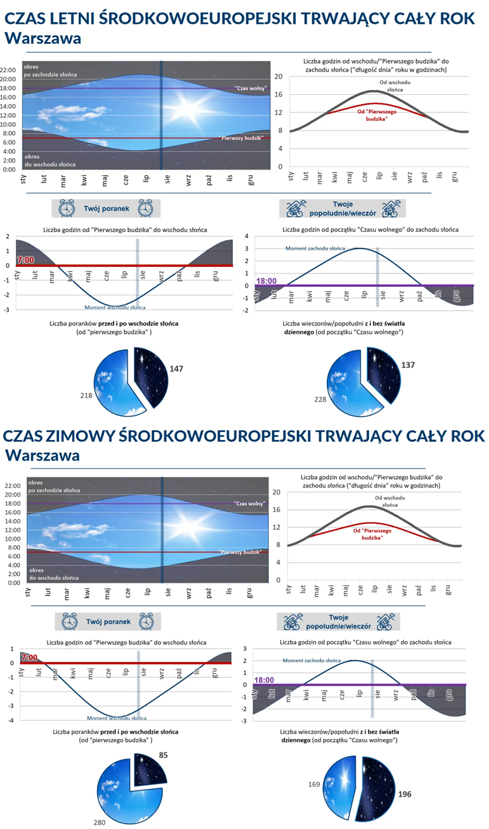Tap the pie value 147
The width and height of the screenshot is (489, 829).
pos(176,369)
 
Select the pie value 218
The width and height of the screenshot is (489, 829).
pos(86,396)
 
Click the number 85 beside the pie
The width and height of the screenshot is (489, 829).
pos(163,755)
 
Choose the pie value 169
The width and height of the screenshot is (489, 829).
pos(314,785)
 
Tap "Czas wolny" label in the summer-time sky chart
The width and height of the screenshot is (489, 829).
pos(251,89)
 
